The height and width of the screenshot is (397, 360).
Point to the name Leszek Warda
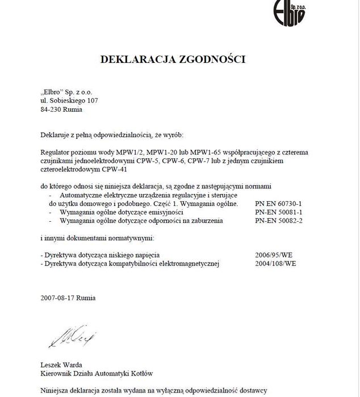(61, 365)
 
